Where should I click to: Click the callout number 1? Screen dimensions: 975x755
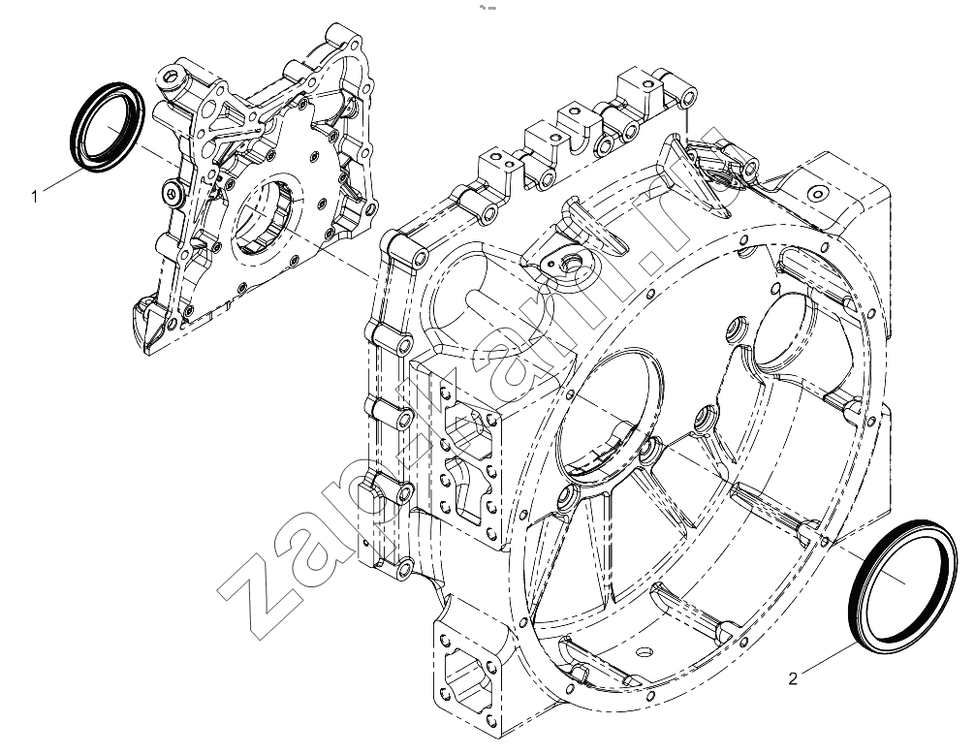click(35, 197)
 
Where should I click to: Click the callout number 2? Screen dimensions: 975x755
click(792, 679)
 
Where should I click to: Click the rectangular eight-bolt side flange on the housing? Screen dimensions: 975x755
click(467, 459)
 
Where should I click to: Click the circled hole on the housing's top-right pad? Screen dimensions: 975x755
click(816, 194)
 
